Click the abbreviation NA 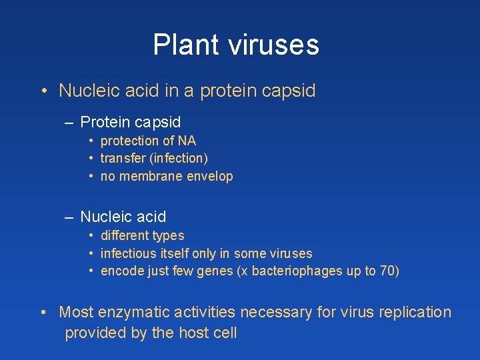[x=187, y=141]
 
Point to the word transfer [x=121, y=159]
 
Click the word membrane [x=146, y=177]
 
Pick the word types [x=169, y=236]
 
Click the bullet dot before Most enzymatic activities [x=43, y=313]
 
